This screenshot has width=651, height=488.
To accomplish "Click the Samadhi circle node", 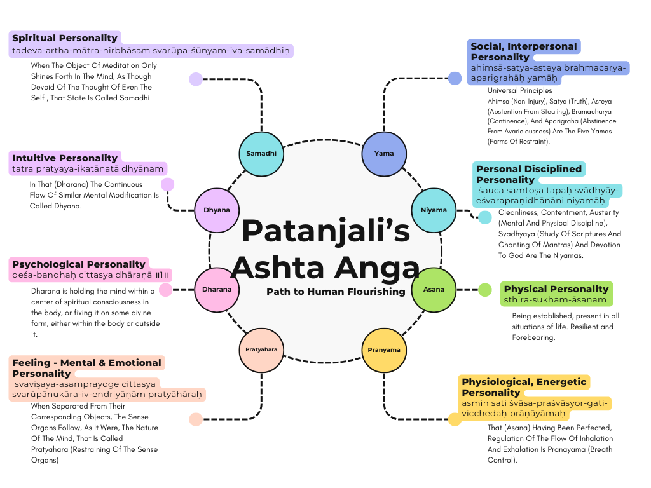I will [262, 153].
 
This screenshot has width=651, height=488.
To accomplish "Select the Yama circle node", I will [384, 153].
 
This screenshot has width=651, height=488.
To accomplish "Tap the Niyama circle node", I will [434, 210].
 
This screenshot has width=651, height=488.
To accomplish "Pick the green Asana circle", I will [434, 290].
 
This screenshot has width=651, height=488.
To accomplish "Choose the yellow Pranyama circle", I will [384, 349].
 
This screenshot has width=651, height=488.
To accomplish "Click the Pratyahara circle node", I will [262, 349].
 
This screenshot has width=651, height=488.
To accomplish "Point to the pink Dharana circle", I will [217, 290].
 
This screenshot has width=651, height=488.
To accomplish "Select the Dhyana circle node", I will [217, 210].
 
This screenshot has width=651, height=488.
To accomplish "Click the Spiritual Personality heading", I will [65, 38].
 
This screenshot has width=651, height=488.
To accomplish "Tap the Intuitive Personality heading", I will [65, 158].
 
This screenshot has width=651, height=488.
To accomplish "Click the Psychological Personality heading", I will [79, 264].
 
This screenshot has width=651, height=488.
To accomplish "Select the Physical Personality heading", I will [556, 288].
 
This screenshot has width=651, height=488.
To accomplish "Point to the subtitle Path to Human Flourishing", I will [336, 292].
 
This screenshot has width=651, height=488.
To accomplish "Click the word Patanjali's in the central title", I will [325, 229].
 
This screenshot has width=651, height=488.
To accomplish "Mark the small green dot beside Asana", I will [484, 290].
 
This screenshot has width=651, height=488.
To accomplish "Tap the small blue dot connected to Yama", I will [455, 79].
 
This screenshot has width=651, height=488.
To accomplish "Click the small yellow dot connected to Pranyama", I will [455, 419].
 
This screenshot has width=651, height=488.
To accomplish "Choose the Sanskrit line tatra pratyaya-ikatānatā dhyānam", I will [87, 169].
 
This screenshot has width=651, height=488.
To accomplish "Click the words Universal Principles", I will [519, 90].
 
